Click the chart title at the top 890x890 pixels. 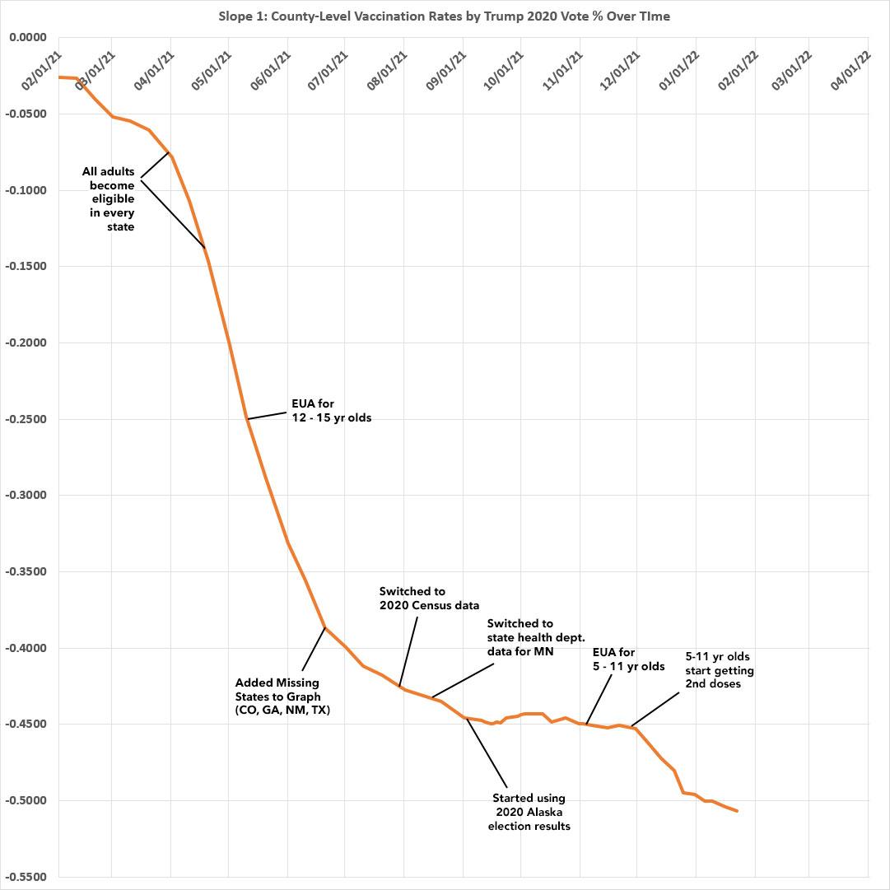pyautogui.click(x=445, y=16)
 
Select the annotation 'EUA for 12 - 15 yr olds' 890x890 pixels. pyautogui.click(x=332, y=411)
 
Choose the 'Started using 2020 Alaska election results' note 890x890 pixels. pyautogui.click(x=529, y=812)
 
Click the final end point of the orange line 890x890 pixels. pyautogui.click(x=737, y=811)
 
